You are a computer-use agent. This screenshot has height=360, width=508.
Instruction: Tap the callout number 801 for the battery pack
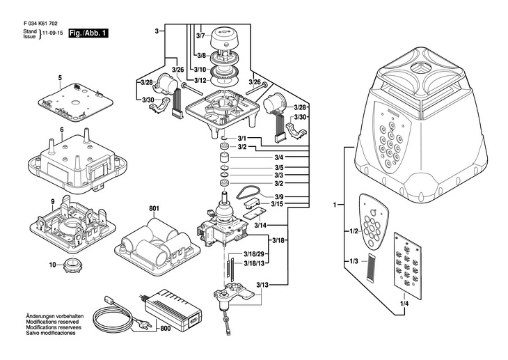click(x=154, y=209)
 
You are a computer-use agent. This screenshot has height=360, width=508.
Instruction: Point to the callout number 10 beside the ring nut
click(x=52, y=265)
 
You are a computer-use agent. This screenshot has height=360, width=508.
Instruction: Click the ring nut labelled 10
click(x=73, y=265)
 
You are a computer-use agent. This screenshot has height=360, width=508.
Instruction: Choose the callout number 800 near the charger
click(x=165, y=327)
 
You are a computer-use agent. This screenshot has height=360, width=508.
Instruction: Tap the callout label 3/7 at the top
click(x=201, y=35)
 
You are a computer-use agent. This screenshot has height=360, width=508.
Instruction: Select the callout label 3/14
click(x=260, y=226)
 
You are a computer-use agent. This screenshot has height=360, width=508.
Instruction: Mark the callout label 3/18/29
click(x=255, y=255)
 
